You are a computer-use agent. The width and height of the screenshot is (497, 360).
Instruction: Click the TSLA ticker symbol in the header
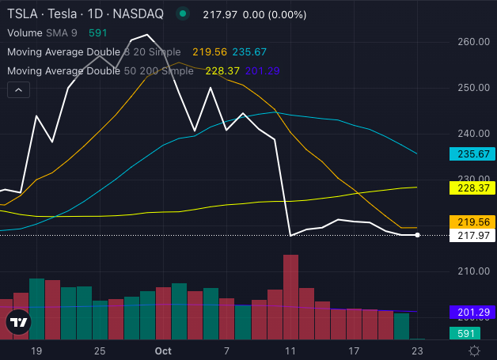coord(21,14)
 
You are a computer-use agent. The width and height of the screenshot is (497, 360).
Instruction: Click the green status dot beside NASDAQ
coord(183,14)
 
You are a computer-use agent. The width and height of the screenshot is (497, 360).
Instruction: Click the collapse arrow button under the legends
coord(18,91)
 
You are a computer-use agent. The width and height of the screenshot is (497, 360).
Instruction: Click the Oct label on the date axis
coord(163,350)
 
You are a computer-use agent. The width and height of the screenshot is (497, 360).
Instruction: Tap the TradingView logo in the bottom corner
coord(18,322)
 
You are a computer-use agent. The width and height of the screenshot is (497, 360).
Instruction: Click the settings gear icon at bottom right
coord(474,350)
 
